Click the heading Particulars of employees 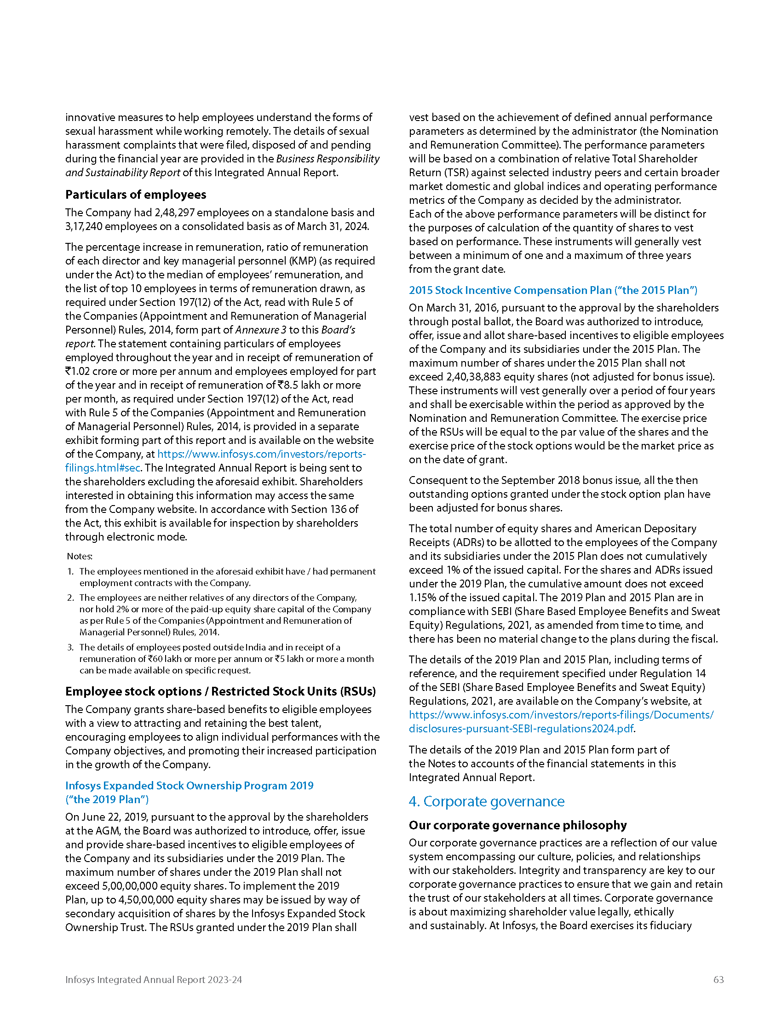(136, 195)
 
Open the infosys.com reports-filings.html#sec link (215, 460)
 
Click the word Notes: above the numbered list (80, 556)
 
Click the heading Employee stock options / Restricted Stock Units (220, 691)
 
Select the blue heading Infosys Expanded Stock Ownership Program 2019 (189, 786)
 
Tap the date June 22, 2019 (115, 817)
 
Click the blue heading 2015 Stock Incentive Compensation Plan (552, 290)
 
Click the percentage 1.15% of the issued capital (423, 598)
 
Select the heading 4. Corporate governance (486, 802)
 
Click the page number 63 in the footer (718, 979)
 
